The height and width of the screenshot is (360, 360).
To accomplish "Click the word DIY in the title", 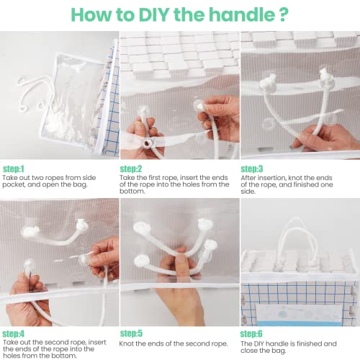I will coord(168,15).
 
